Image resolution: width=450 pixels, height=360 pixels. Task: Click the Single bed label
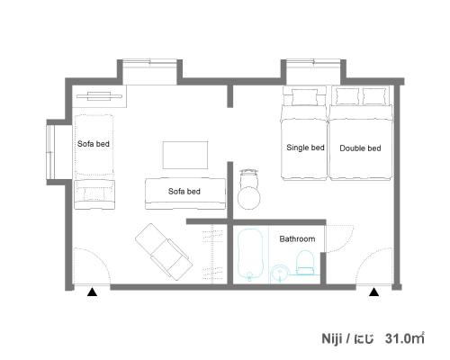coord(305,148)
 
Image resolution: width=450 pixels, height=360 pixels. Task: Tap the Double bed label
coord(360,148)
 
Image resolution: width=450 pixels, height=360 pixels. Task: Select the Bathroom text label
coord(297,239)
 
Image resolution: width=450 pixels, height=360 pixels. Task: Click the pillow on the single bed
coord(304,97)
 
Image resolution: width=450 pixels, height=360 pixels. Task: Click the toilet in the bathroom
coord(305,263)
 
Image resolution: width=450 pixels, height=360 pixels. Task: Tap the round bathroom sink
coord(280,274)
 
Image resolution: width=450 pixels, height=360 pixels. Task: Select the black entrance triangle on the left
coord(92,292)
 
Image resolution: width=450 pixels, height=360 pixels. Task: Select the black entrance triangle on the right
coord(373,292)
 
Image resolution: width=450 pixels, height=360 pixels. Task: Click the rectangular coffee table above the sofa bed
coord(185,155)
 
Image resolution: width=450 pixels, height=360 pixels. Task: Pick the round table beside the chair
coord(249,198)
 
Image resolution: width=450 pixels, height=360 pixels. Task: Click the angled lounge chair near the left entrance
coord(164,252)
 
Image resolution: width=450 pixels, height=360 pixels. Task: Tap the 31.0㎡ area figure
coord(405,338)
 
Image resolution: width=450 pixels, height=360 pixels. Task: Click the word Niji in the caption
coord(332,338)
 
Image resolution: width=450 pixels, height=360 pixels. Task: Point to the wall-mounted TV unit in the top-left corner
coord(99,96)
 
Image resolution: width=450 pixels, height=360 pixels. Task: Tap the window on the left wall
coord(50,152)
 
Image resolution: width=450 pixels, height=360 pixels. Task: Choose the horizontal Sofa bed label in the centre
coord(184,192)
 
